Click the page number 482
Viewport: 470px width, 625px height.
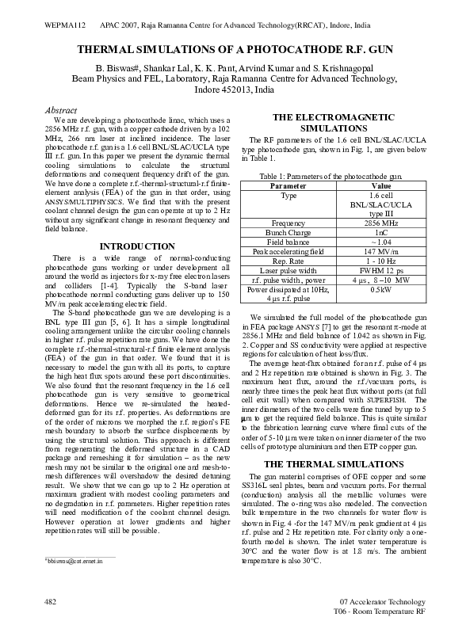(x=49, y=603)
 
